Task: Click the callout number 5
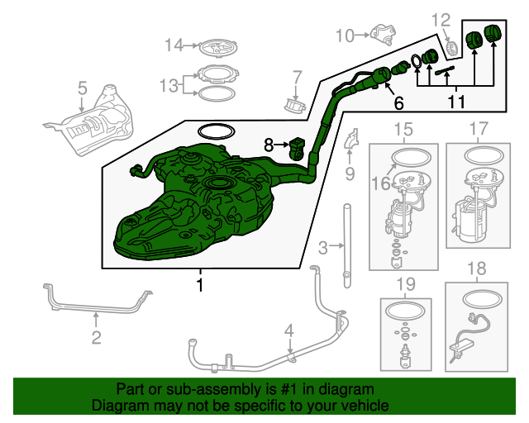pyautogui.click(x=83, y=88)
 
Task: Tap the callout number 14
pyautogui.click(x=174, y=45)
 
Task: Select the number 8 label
pyautogui.click(x=269, y=145)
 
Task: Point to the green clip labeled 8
pyautogui.click(x=297, y=149)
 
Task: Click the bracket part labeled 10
pyautogui.click(x=384, y=34)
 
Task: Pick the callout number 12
pyautogui.click(x=441, y=20)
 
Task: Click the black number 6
pyautogui.click(x=398, y=103)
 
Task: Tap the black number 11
pyautogui.click(x=456, y=102)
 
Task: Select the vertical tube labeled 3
pyautogui.click(x=347, y=246)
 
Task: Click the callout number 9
pyautogui.click(x=350, y=174)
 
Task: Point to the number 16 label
pyautogui.click(x=380, y=183)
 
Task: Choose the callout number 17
pyautogui.click(x=479, y=129)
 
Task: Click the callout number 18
pyautogui.click(x=477, y=269)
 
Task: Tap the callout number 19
pyautogui.click(x=406, y=284)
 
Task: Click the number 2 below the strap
pyautogui.click(x=96, y=337)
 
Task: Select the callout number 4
pyautogui.click(x=289, y=331)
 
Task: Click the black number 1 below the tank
pyautogui.click(x=200, y=285)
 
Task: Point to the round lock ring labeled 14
pyautogui.click(x=218, y=48)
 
